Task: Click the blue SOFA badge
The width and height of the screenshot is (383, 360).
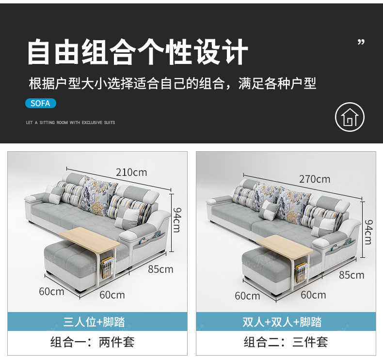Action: (x=41, y=103)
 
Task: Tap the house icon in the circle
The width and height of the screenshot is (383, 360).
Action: (x=350, y=117)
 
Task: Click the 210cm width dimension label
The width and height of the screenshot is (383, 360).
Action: (x=131, y=172)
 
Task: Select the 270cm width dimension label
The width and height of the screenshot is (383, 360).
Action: (x=315, y=179)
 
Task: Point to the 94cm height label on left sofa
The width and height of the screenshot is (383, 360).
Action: (x=177, y=220)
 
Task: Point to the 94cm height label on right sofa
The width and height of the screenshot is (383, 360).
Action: (x=368, y=232)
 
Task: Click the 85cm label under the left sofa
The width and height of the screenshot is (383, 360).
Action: (x=160, y=269)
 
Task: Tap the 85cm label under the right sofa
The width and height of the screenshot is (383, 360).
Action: (x=351, y=275)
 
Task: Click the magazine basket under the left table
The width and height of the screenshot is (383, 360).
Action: (x=108, y=267)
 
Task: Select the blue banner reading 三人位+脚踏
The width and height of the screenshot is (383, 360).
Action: (x=97, y=321)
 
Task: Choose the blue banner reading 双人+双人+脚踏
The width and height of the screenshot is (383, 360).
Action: (x=286, y=321)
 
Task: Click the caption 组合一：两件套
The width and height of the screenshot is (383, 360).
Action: (x=92, y=342)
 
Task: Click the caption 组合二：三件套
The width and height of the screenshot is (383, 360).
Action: (x=286, y=342)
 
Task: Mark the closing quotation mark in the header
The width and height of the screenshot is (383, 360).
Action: (x=361, y=42)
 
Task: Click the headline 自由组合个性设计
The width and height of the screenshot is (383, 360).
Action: (x=138, y=52)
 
